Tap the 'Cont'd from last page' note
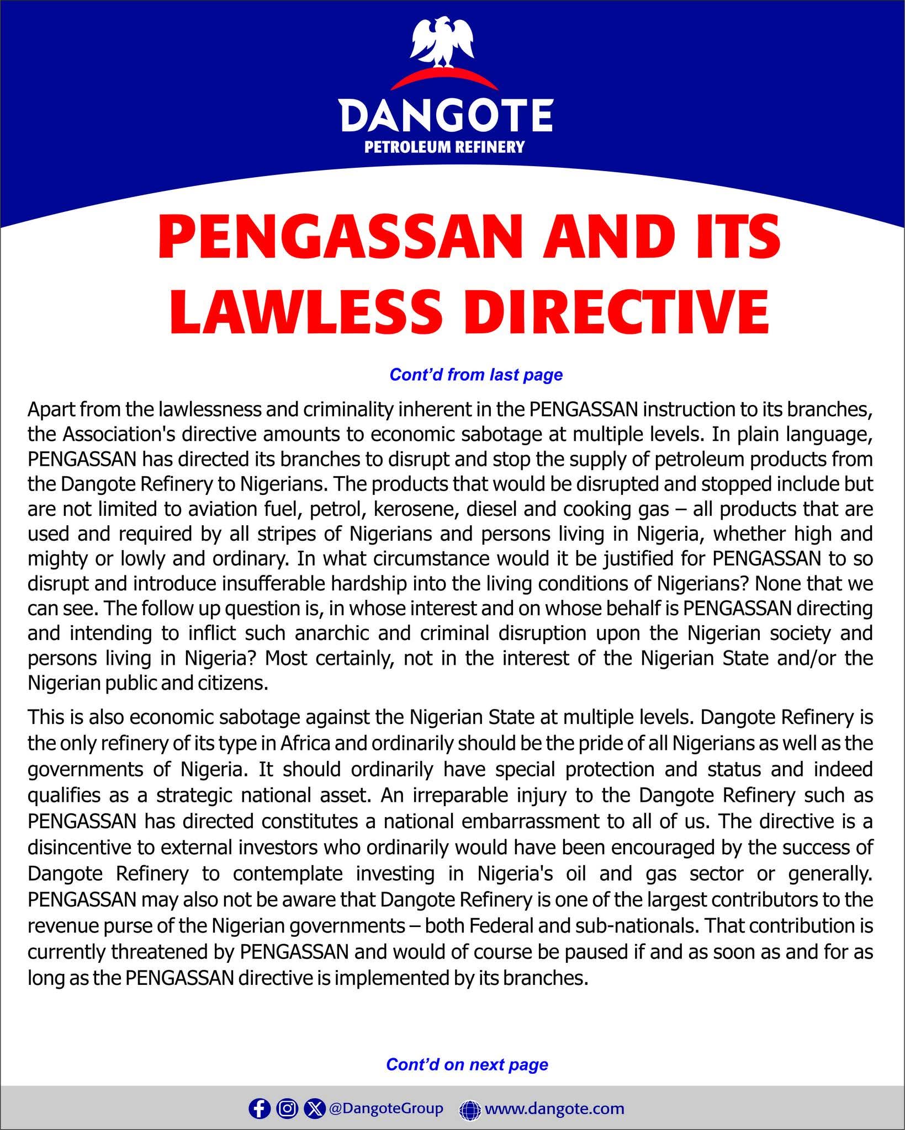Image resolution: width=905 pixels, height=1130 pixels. point(476,375)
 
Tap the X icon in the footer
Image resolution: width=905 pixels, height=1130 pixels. point(314,1094)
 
